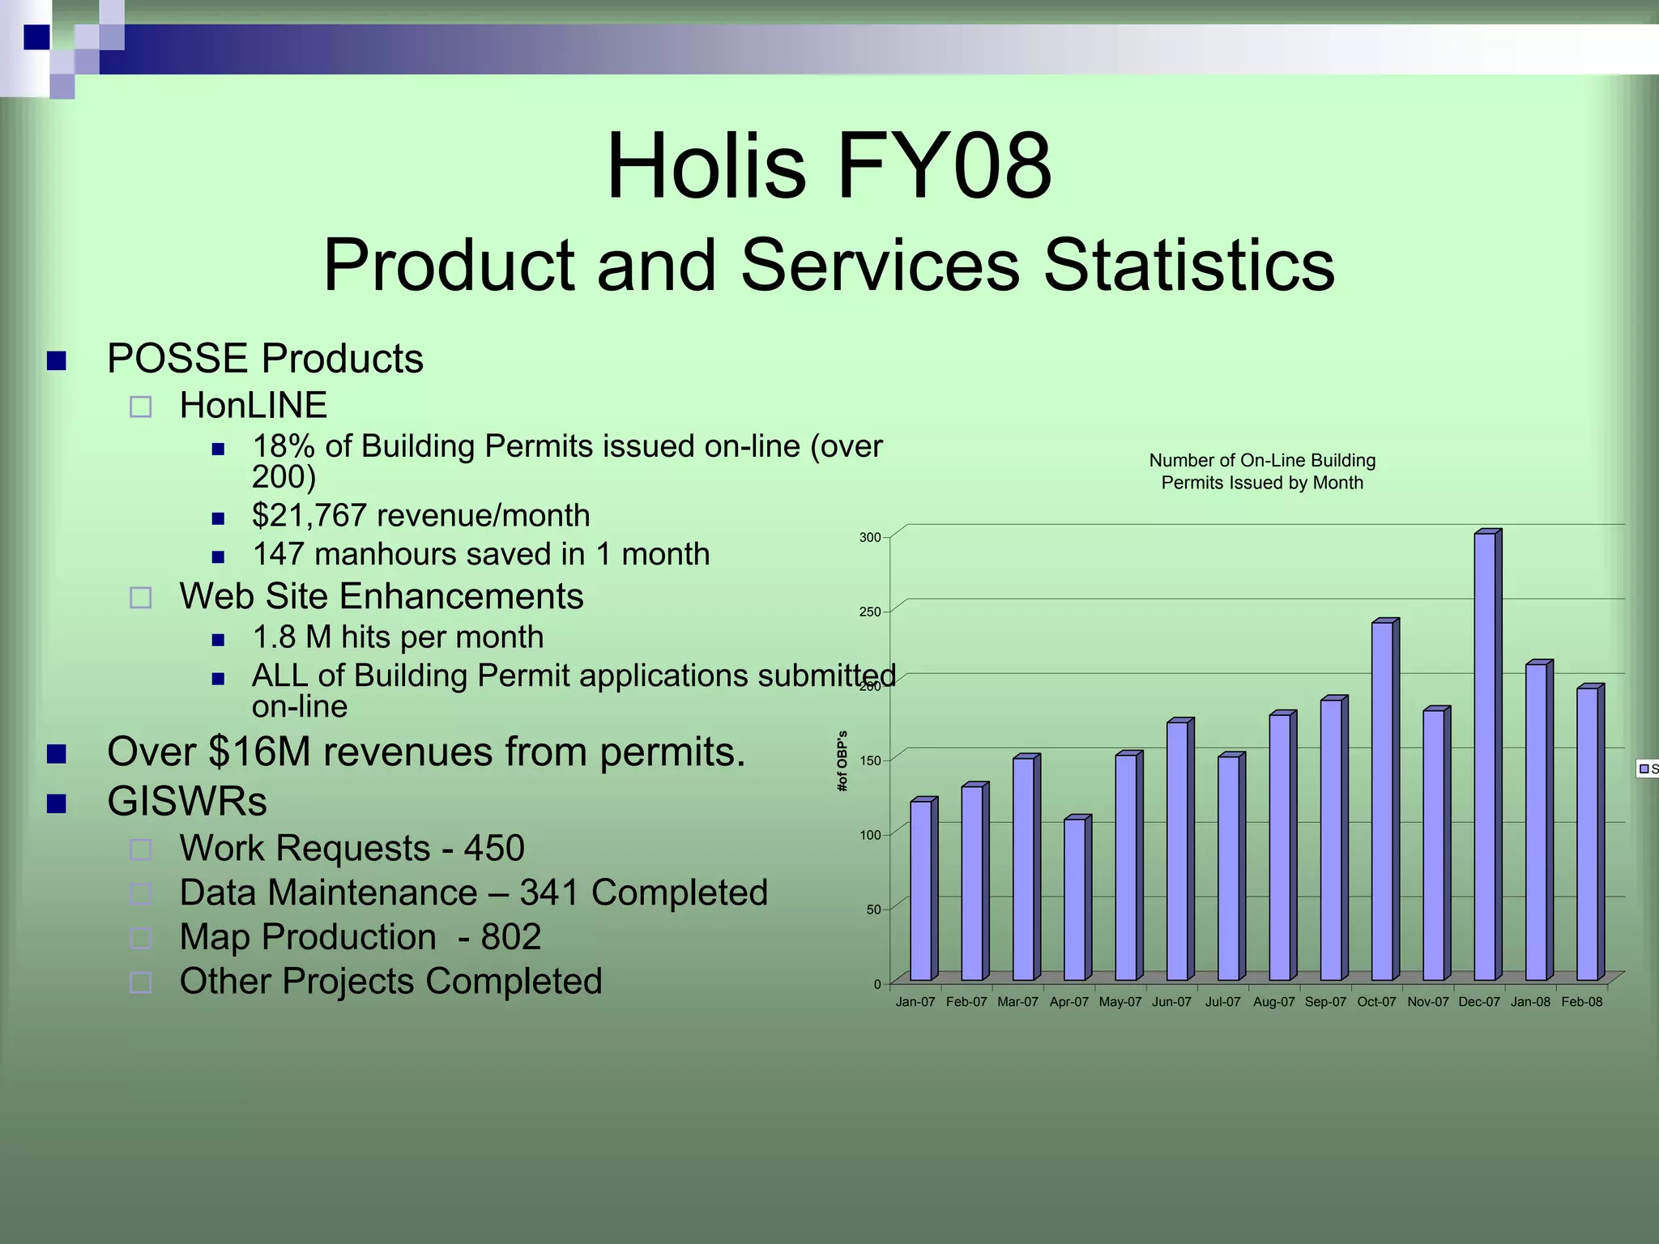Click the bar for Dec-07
1485,756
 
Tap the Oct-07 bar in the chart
1382,801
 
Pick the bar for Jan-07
920,890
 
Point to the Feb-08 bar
1587,833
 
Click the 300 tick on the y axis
870,538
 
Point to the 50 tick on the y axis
873,910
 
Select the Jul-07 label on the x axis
1222,1003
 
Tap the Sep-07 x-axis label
1325,1003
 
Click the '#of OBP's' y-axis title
842,760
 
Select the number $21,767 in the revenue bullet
309,516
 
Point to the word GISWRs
187,802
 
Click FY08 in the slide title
944,166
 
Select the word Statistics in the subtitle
1188,266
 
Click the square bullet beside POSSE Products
57,360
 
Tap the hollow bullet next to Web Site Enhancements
141,598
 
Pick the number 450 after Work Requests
494,849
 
